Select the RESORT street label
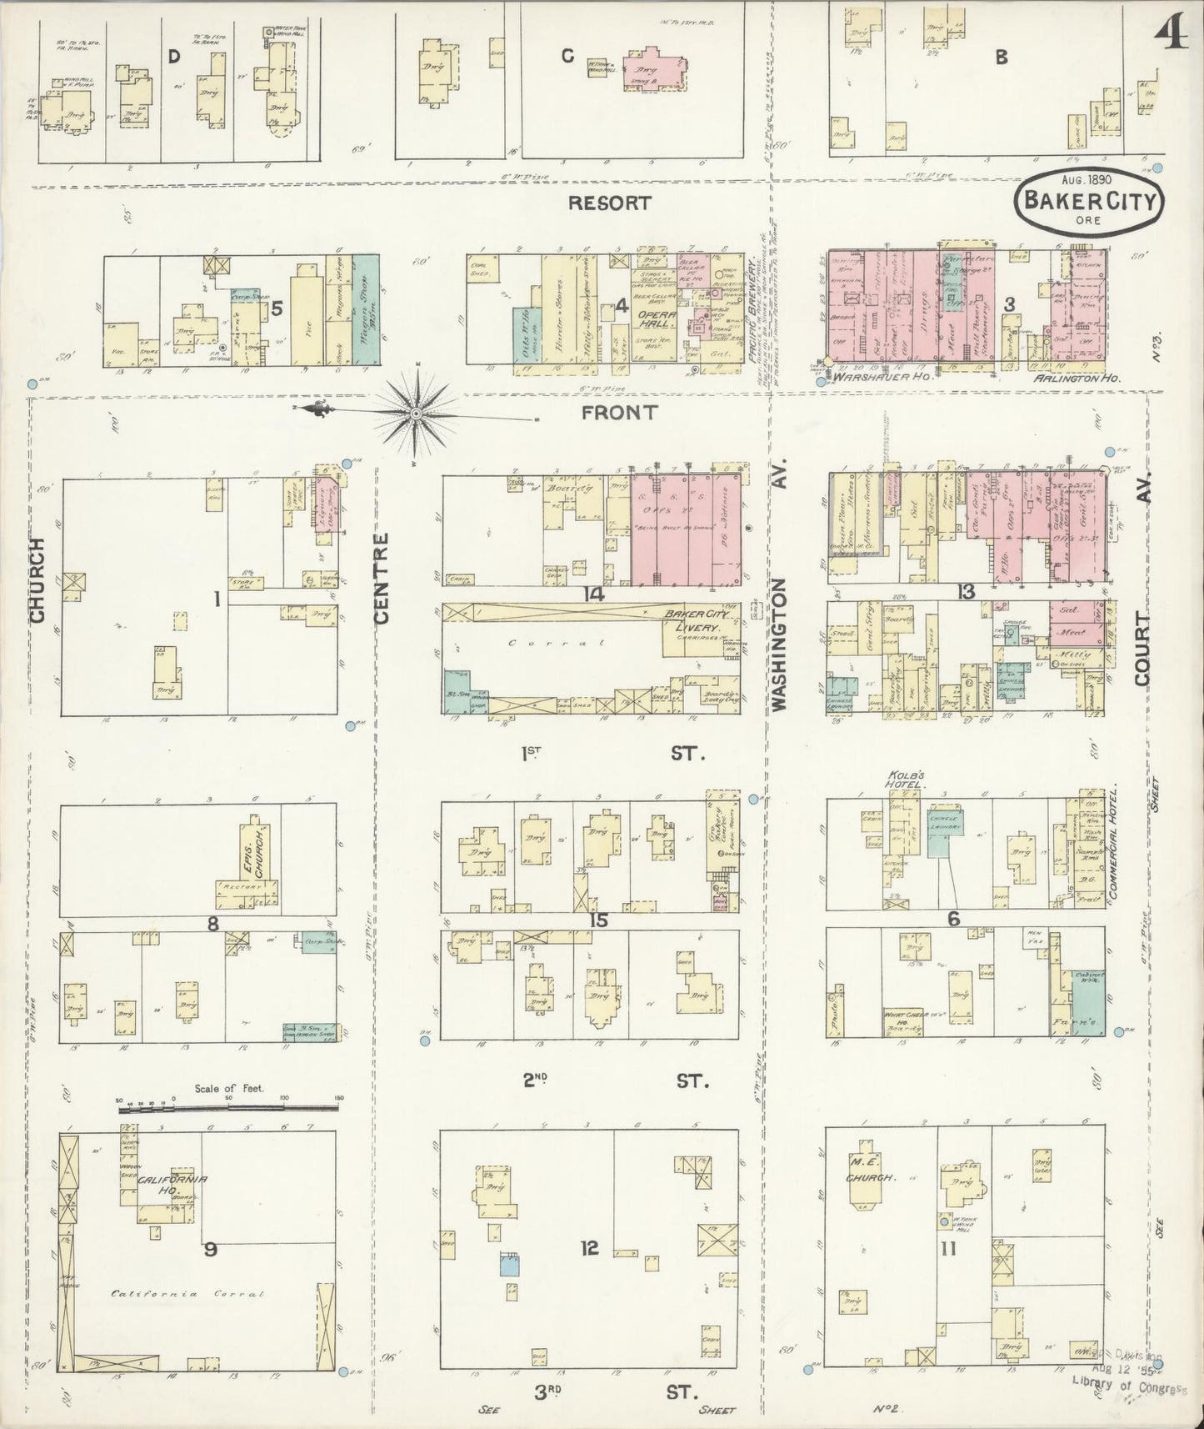point(610,202)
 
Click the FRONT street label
point(619,411)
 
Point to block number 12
point(589,1248)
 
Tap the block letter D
point(173,57)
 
